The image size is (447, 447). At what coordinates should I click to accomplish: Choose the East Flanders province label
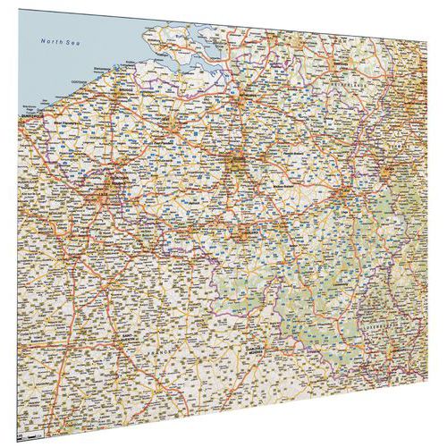[170, 141]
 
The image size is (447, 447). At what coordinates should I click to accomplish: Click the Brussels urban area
[236, 165]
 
